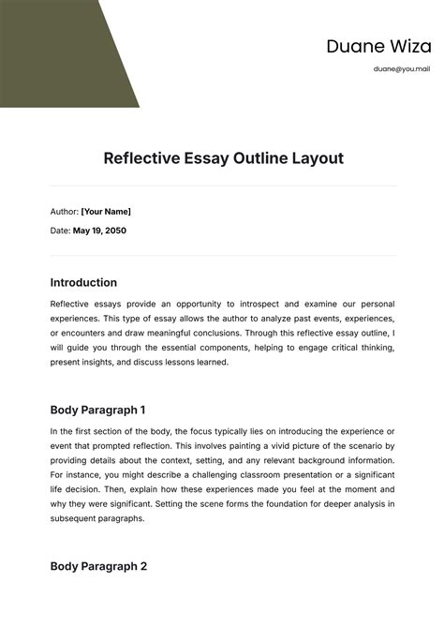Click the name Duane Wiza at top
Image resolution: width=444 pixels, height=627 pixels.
378,47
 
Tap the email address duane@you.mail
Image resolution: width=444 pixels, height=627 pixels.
401,68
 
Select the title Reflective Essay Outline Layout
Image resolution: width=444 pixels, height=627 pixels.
223,158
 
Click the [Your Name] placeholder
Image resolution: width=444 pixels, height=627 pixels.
106,212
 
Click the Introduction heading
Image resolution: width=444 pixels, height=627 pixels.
83,282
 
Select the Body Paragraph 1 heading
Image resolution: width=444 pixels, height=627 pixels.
97,410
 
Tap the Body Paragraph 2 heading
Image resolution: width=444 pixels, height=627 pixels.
98,566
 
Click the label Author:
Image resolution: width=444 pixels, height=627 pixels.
64,212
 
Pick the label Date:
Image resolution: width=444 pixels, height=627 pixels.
59,231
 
